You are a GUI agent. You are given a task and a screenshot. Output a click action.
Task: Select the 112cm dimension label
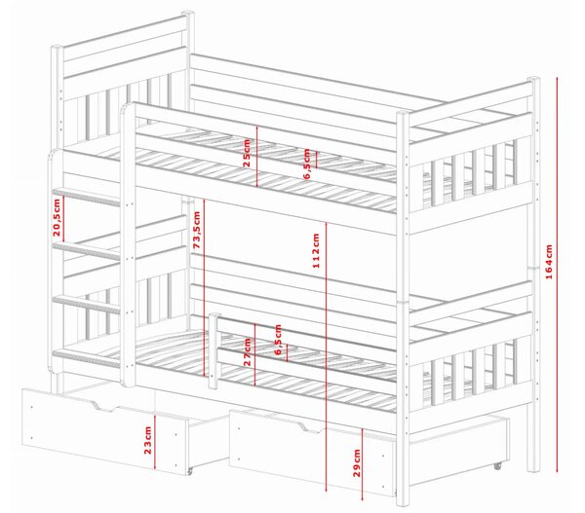tap(316, 250)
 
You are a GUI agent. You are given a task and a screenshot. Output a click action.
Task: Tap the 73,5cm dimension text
tap(197, 230)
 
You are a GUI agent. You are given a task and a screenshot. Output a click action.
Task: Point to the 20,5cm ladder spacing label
tap(57, 218)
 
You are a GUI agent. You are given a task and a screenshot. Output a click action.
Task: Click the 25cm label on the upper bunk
tap(247, 153)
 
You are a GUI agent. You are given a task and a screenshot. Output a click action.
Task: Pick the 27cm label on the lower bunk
tap(247, 352)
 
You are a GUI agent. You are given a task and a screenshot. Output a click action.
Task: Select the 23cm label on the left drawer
tap(148, 440)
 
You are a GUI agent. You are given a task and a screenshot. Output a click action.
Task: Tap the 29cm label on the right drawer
tap(357, 462)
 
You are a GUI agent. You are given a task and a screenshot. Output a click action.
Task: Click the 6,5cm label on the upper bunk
tap(307, 164)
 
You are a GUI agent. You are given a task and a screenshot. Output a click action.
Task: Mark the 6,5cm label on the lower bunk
tap(278, 340)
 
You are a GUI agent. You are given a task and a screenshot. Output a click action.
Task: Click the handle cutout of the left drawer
tap(104, 407)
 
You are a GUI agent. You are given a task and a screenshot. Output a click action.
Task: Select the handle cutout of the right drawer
tap(311, 427)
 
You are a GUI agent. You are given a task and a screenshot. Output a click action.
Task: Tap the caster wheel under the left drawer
tap(189, 472)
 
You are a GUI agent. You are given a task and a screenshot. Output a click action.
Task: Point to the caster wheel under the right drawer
tap(497, 465)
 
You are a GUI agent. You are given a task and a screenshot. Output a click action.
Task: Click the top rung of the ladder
tap(87, 197)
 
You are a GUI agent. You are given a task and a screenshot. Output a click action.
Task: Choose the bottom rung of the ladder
tap(87, 358)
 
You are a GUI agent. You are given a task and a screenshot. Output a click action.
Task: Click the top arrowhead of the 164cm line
tap(557, 78)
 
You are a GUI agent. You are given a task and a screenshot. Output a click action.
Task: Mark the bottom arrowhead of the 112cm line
tap(327, 491)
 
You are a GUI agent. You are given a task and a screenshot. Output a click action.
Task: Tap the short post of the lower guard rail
tap(213, 351)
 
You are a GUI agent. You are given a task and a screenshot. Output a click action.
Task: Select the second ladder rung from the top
tap(87, 250)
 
